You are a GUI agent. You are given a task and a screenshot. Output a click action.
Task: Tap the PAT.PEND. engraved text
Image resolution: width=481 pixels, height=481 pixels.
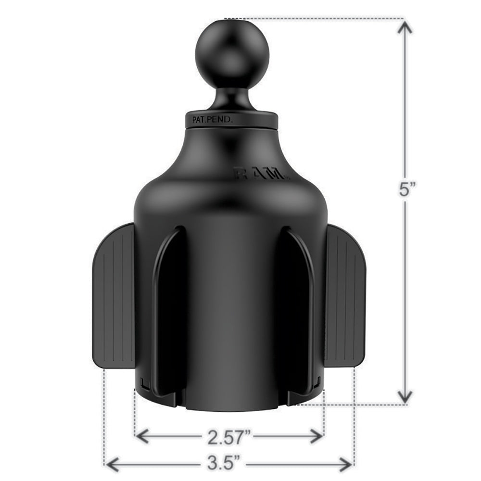pos(212,121)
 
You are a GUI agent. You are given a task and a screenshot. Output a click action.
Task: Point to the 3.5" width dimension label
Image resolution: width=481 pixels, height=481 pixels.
pos(229,464)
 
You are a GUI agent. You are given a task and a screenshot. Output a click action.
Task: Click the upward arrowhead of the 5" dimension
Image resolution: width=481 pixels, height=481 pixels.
pos(406,29)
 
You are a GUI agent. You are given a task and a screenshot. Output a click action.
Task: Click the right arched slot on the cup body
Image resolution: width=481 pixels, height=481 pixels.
pos(298,308)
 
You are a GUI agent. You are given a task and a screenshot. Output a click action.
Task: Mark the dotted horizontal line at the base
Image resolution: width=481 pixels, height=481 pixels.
pos(351,405)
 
